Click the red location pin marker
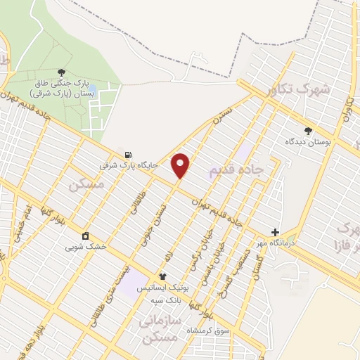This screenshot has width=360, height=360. coord(181,164)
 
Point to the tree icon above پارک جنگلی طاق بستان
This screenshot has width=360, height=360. coord(62,72)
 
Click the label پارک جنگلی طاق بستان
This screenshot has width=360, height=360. coord(62,87)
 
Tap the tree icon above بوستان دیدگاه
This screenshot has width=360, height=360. coord(307,130)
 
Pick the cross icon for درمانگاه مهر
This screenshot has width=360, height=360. coord(275,232)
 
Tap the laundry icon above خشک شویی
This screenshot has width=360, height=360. coord(86,236)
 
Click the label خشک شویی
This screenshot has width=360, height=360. coord(86,247)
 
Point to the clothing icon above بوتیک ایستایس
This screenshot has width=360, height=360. coord(163,276)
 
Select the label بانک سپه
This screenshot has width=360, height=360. coord(167,300)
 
